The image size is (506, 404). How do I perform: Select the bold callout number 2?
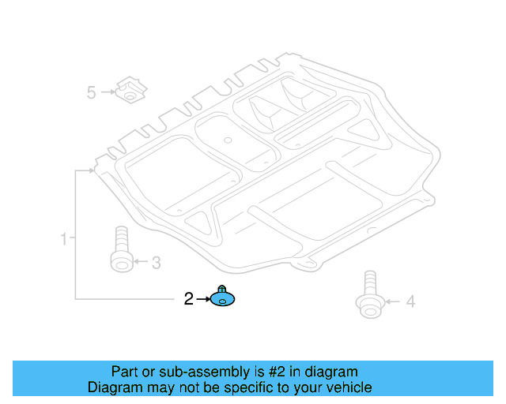pos(188,299)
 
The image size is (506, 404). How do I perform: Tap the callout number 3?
pos(156,261)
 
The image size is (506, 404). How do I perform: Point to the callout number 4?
pos(410,301)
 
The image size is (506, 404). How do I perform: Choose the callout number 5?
pos(91,93)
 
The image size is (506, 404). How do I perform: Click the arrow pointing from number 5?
pos(107,93)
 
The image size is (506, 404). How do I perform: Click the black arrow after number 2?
pos(202,299)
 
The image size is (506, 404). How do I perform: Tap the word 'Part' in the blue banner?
pos(125,372)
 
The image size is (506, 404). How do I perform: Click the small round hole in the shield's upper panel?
pos(227,140)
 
